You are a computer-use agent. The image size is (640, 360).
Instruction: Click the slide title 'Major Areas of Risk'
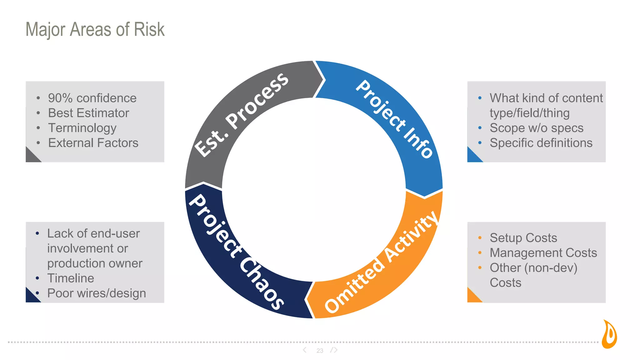click(x=95, y=29)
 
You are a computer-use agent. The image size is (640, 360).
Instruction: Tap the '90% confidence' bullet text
click(x=92, y=98)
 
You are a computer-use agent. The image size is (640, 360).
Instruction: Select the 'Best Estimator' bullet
click(x=88, y=113)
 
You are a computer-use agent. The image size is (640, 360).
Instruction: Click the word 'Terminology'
click(x=82, y=128)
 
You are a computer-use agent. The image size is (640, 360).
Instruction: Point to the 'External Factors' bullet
click(x=93, y=143)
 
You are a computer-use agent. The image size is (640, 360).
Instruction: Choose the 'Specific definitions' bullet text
click(x=541, y=143)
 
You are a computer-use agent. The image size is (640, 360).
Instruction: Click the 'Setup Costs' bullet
click(x=523, y=238)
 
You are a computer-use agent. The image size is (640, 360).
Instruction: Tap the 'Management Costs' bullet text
click(x=543, y=253)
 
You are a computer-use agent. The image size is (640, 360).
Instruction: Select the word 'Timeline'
click(x=71, y=278)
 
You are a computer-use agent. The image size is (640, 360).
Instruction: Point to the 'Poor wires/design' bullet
click(x=97, y=293)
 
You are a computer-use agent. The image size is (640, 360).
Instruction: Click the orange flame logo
click(x=609, y=334)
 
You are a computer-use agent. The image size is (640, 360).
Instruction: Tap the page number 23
click(x=320, y=351)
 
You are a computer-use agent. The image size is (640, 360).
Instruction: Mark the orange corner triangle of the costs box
click(x=472, y=297)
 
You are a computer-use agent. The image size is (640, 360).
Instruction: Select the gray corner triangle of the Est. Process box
click(x=31, y=157)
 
